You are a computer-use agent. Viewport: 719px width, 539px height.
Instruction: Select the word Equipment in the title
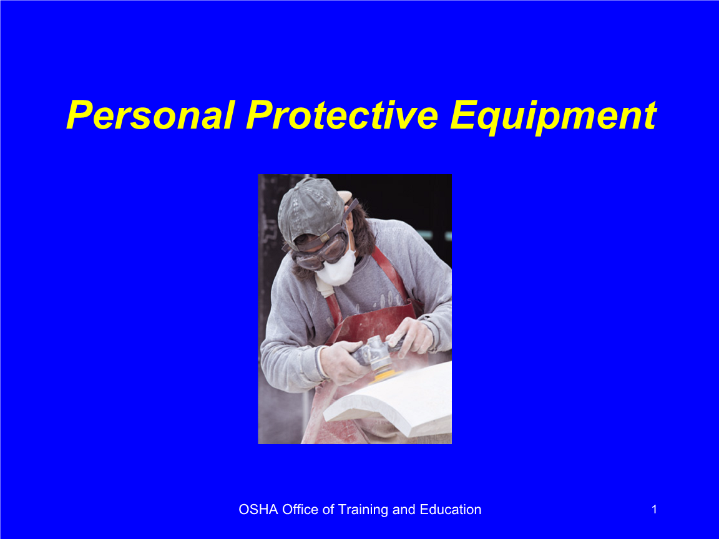tap(554, 117)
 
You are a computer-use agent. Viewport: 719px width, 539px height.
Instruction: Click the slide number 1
tap(654, 509)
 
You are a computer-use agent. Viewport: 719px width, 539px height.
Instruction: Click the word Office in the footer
tap(300, 509)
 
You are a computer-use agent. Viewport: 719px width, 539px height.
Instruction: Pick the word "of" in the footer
tap(328, 509)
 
